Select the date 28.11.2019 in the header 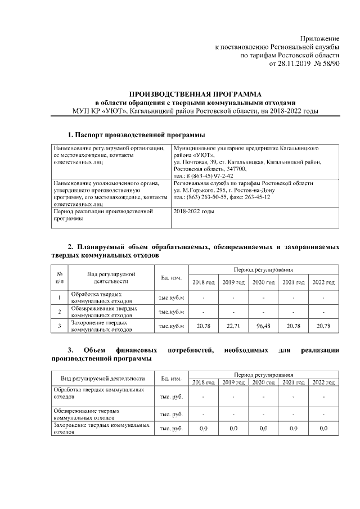pos(287,64)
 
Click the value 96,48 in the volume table pos(263,325)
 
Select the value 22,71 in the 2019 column pos(233,325)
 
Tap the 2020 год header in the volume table pos(263,282)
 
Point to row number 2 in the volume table pos(60,310)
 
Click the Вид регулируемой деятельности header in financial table pos(102,379)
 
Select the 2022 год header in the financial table pos(323,382)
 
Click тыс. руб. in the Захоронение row pos(171,429)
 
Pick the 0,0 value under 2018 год pos(204,429)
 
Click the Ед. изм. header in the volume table pos(170,277)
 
